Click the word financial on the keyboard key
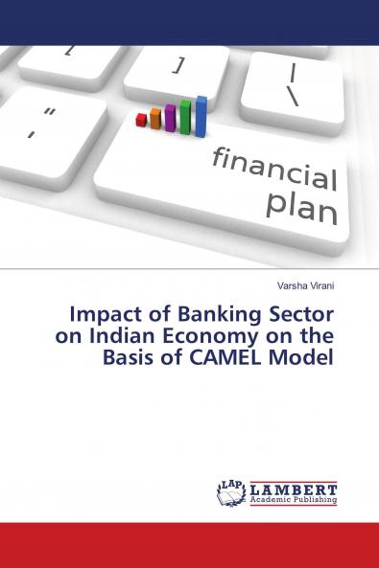[274, 168]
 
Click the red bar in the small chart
[142, 120]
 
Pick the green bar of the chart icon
[186, 117]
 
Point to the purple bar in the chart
[170, 118]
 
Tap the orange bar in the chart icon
[154, 119]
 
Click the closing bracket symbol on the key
[178, 65]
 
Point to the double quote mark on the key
[50, 113]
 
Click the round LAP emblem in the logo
[231, 492]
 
